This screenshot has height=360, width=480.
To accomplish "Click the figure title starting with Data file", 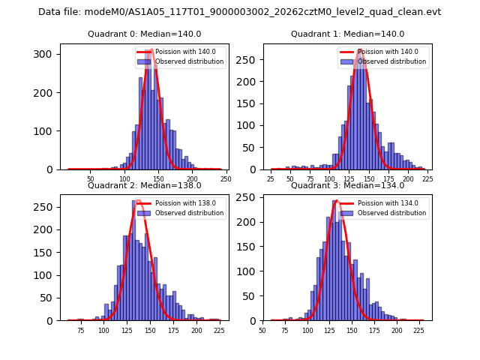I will click(x=240, y=12).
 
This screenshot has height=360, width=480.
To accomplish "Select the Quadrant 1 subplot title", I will click(x=347, y=34).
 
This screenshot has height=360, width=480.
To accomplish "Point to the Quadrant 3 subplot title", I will click(x=347, y=185).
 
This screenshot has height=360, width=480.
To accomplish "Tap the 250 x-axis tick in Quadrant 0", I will click(x=226, y=179).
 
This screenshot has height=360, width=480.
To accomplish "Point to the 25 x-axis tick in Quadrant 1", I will click(x=271, y=179).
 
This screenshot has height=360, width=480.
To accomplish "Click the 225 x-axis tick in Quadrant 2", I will click(x=216, y=330).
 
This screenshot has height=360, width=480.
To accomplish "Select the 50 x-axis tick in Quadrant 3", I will click(x=262, y=330).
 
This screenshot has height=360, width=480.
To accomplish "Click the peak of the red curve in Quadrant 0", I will click(x=150, y=50).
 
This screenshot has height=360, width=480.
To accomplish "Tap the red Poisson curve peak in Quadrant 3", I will click(x=337, y=200).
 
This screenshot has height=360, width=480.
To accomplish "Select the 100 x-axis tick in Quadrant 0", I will click(x=125, y=179).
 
